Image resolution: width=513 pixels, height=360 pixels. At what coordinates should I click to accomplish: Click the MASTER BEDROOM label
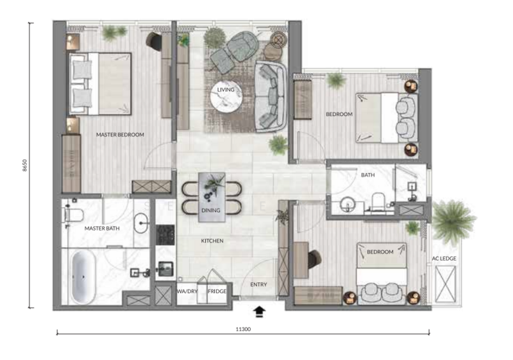click(120, 135)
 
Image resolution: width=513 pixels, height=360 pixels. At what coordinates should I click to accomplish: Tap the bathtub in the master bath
click(83, 277)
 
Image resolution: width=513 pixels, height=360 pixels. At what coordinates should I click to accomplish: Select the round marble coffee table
click(226, 96)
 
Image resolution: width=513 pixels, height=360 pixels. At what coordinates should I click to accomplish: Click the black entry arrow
click(260, 312)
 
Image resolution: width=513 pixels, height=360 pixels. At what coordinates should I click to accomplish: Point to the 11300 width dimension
click(243, 329)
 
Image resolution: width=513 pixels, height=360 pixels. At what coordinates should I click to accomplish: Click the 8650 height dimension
click(25, 166)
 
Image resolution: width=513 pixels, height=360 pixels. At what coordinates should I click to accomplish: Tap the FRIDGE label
click(217, 291)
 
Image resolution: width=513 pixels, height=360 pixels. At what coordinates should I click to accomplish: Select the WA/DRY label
click(187, 291)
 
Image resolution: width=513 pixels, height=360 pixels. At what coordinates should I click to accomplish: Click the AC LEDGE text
click(444, 259)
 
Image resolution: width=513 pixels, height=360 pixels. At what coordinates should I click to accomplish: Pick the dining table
click(212, 198)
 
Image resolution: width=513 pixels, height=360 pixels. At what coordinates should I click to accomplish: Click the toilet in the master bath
click(73, 216)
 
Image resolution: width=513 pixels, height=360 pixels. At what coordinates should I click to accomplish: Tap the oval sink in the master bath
click(141, 223)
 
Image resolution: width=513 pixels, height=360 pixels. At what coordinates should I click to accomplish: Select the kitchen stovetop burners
click(165, 235)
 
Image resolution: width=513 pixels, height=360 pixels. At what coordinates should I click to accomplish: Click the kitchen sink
click(166, 269)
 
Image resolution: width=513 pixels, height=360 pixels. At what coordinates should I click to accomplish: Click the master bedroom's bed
click(100, 84)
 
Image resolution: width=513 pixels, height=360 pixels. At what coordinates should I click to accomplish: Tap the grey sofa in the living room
click(271, 96)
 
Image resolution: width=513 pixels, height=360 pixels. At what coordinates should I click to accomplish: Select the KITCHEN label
click(212, 241)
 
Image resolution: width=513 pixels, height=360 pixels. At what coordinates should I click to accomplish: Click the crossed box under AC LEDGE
click(445, 284)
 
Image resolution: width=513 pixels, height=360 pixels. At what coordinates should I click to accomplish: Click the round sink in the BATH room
click(346, 205)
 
